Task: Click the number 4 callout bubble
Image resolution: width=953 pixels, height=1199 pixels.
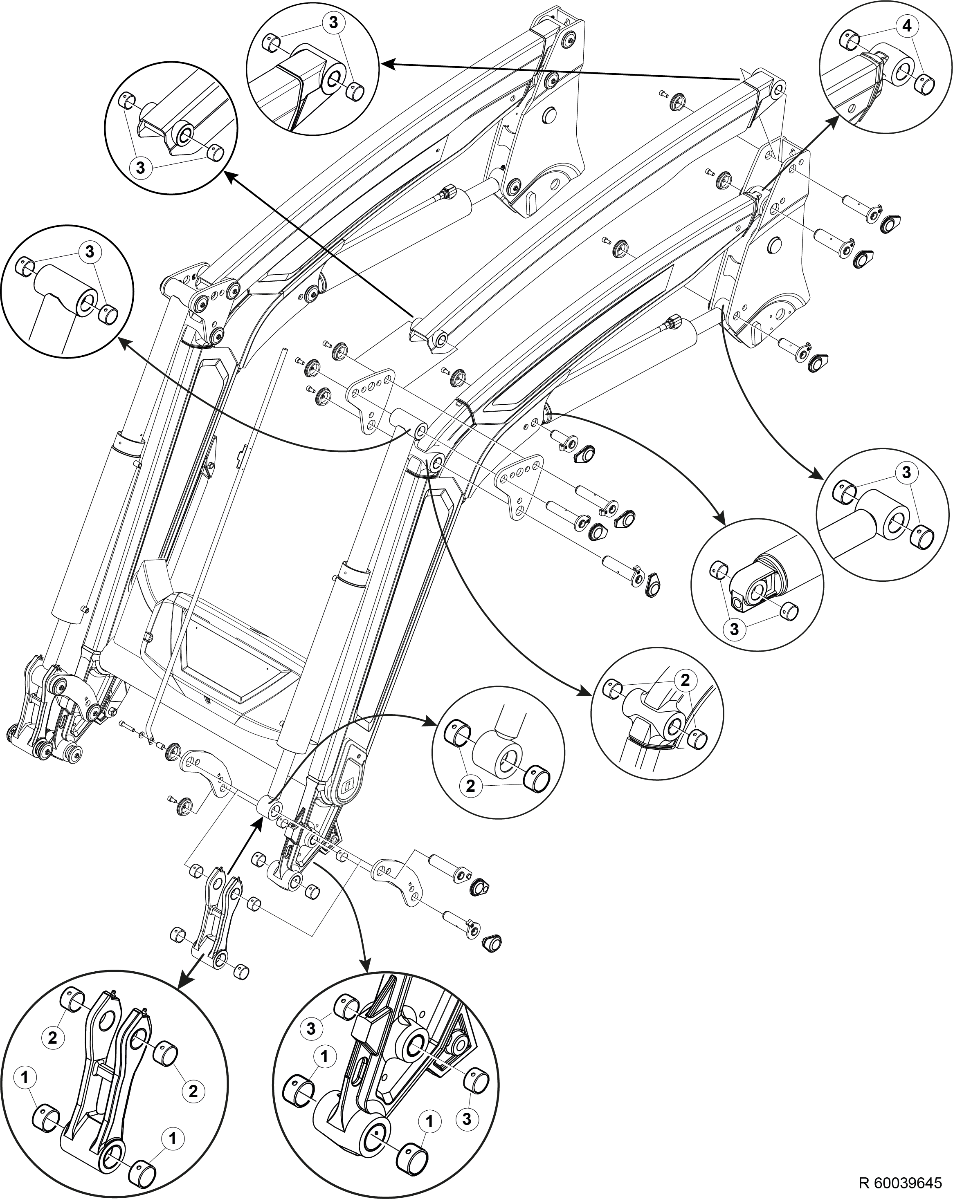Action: point(907,26)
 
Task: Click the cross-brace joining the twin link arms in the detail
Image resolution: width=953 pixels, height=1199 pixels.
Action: point(103,1068)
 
